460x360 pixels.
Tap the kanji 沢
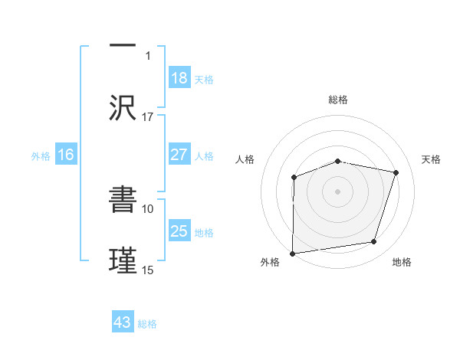click(123, 107)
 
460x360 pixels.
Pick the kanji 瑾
click(123, 259)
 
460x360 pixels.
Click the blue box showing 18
click(179, 77)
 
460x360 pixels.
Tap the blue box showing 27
click(179, 155)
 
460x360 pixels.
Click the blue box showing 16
click(66, 155)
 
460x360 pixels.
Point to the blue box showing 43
click(123, 322)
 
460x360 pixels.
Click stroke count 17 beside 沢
click(148, 117)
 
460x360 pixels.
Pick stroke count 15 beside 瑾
click(148, 270)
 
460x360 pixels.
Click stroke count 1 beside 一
click(149, 56)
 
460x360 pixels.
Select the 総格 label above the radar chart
click(338, 100)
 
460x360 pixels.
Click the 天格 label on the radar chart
click(432, 159)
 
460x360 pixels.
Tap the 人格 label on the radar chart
click(245, 159)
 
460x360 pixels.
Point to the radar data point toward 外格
click(293, 253)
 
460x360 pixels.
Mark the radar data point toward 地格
click(373, 242)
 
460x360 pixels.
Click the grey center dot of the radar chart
click(338, 191)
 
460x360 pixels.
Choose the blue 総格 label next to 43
click(147, 324)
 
